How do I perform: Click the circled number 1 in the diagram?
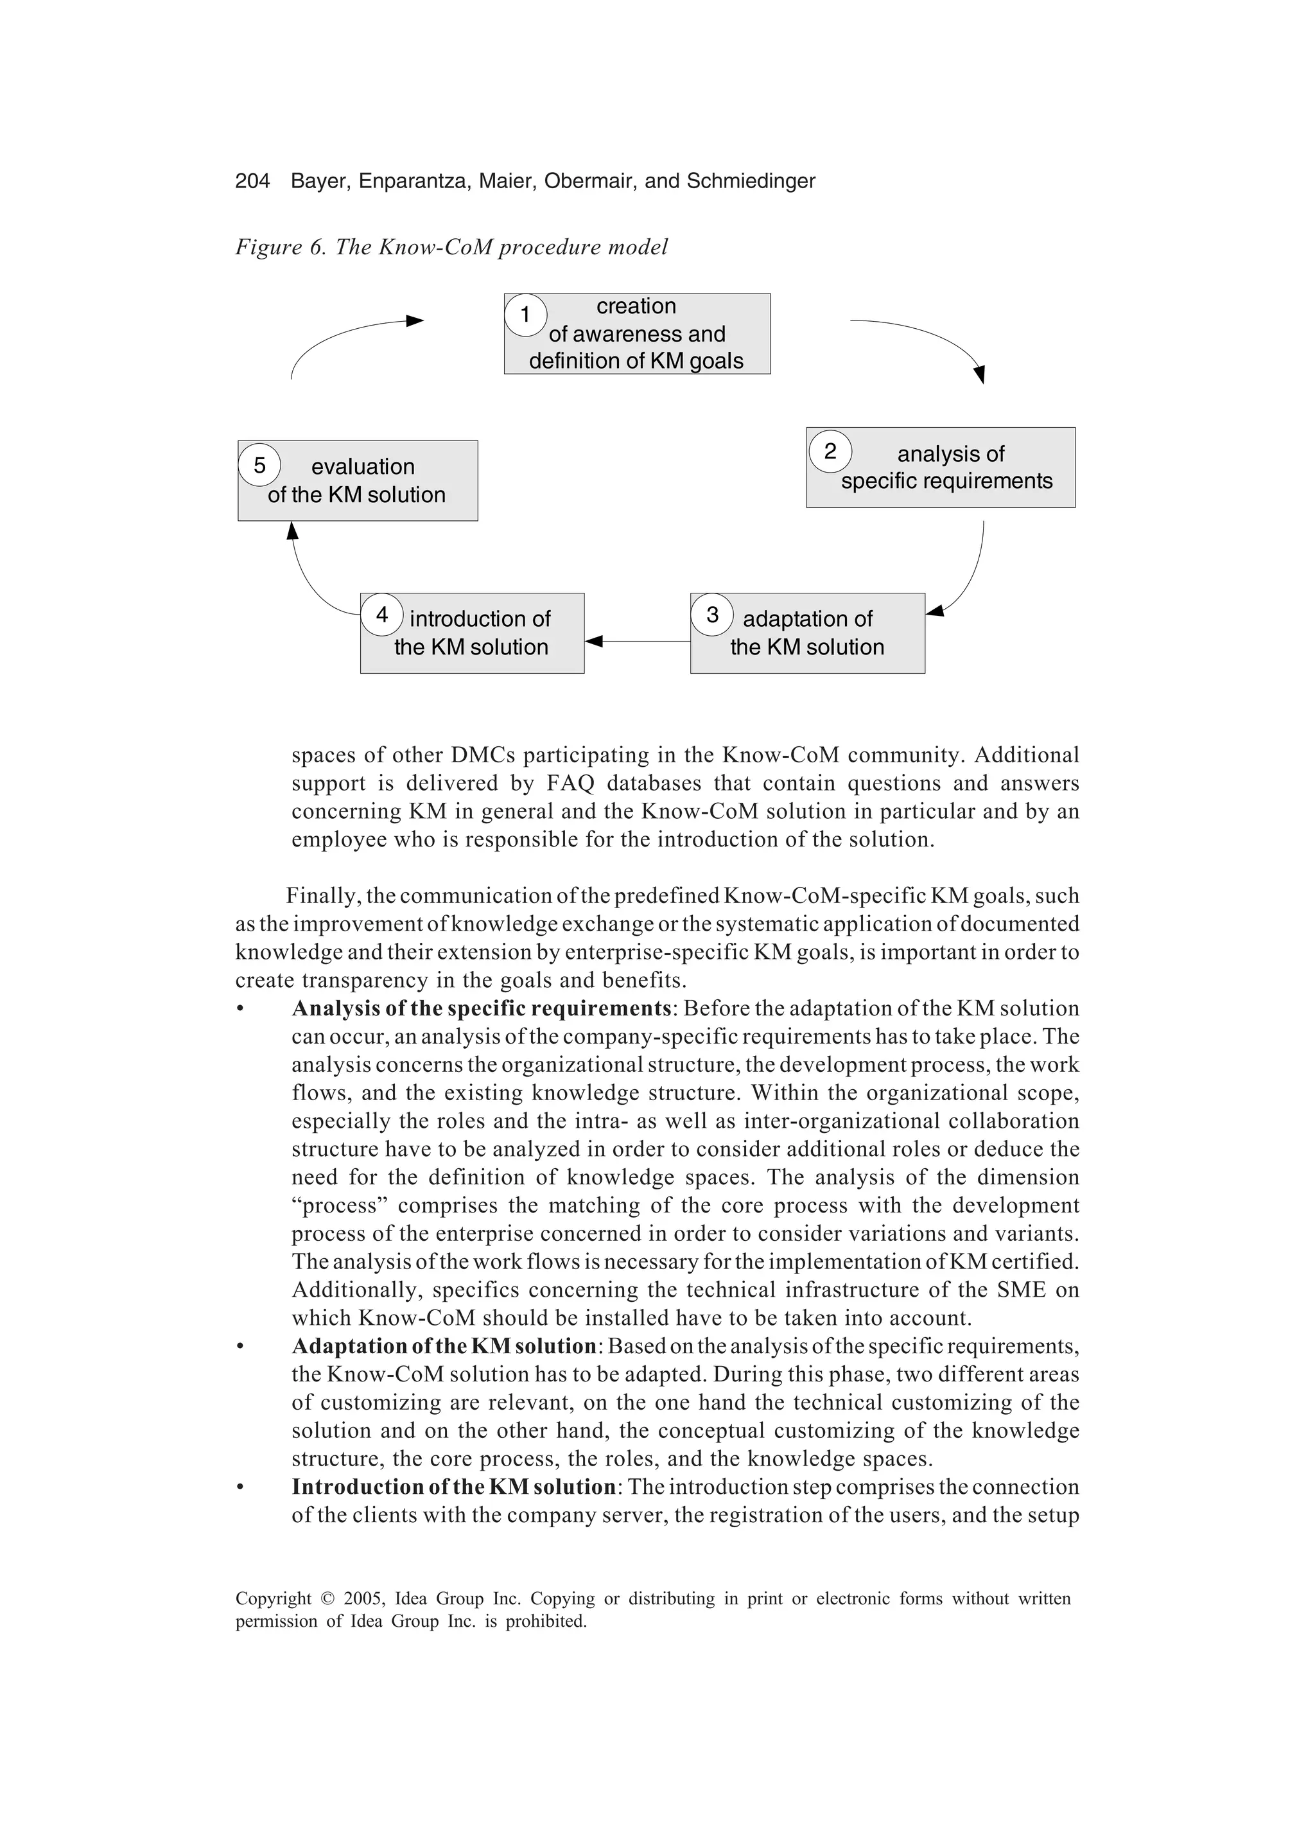click(x=525, y=314)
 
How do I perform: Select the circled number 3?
click(x=711, y=615)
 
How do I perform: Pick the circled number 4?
click(x=381, y=615)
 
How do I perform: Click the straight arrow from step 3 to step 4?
click(x=639, y=641)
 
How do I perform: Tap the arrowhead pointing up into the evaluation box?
click(x=292, y=530)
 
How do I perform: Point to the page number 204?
click(x=252, y=180)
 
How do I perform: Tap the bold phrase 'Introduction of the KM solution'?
click(x=453, y=1486)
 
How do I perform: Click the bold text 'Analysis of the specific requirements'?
click(x=480, y=1008)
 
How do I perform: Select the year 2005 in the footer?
click(x=362, y=1599)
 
